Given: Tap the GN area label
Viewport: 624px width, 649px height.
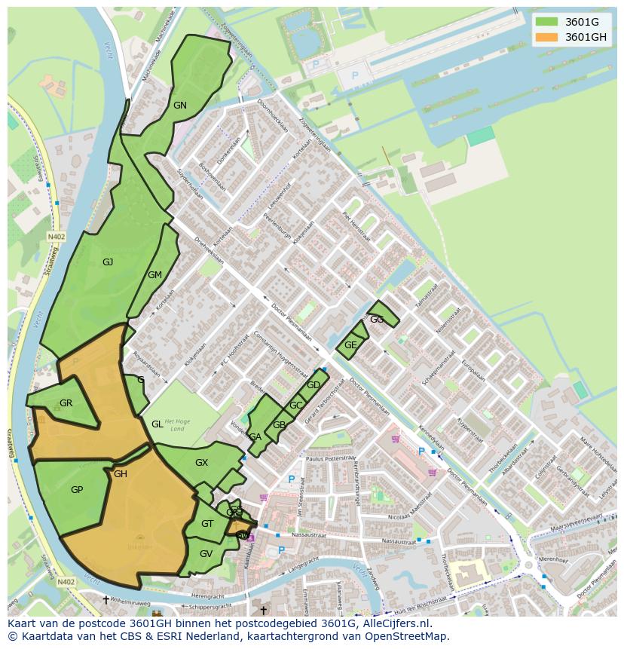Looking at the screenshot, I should (179, 106).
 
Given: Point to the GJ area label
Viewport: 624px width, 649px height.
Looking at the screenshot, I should (108, 262).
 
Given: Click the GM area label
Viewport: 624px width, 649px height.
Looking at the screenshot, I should (154, 275).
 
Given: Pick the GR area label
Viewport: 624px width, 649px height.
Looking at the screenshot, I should (66, 403).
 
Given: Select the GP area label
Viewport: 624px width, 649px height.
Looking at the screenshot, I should (76, 490).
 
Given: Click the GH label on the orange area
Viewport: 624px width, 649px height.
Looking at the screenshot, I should (121, 474).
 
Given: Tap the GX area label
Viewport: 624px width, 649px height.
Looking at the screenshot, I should (201, 463).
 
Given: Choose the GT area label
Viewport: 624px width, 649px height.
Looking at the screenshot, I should (207, 524).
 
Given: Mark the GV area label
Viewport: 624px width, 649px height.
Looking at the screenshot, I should (206, 553).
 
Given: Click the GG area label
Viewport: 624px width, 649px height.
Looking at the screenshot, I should (377, 320).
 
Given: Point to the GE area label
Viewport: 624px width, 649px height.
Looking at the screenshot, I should (350, 345).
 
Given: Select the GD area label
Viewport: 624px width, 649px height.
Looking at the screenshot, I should (314, 385).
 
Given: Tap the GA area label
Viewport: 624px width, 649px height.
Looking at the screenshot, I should (255, 437).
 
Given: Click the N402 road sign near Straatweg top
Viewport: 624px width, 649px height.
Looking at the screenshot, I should (56, 236).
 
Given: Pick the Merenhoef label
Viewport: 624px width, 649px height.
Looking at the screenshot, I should (553, 561).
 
